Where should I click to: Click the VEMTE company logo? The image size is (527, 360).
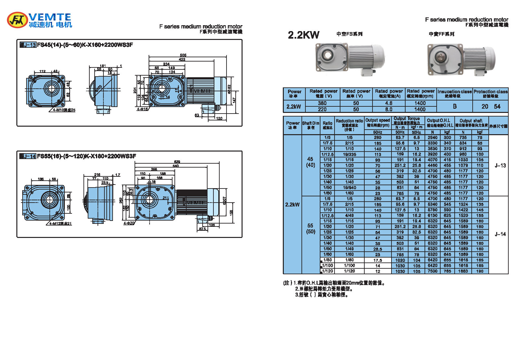[39, 20]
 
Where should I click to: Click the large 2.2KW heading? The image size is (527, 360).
[303, 35]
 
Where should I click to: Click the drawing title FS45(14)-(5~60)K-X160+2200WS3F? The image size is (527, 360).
[85, 45]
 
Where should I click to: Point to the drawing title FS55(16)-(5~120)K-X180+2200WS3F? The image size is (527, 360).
[86, 156]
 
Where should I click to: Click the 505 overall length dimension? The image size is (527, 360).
[183, 55]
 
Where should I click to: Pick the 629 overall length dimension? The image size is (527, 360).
[177, 162]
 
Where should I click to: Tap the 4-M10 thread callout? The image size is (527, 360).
[64, 110]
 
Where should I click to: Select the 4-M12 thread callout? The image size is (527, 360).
[61, 224]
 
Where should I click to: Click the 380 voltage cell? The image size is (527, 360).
[322, 103]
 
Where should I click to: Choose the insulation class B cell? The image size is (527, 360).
[455, 106]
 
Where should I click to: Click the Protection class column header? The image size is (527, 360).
[490, 94]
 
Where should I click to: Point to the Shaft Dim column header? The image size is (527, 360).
[311, 125]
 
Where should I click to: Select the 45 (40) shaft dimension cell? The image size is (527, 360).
[311, 162]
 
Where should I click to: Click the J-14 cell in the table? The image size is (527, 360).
[500, 234]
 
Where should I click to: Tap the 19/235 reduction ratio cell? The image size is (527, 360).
[350, 154]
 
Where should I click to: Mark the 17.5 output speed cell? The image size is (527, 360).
[378, 260]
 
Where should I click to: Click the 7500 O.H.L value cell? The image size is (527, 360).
[432, 271]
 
